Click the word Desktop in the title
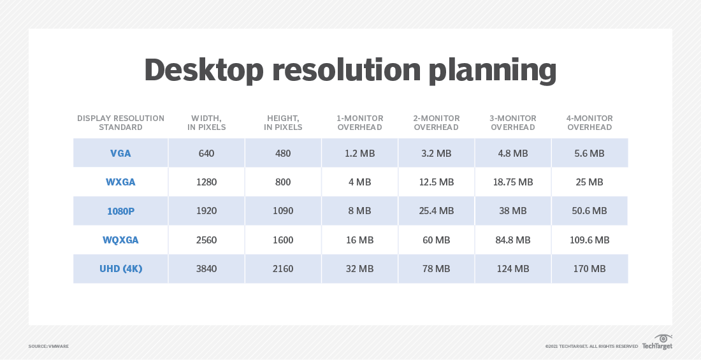point(203,69)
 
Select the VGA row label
point(120,153)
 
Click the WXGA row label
point(120,182)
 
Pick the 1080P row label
point(120,211)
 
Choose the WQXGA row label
point(120,240)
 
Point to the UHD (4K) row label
point(120,269)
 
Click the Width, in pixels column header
point(206,122)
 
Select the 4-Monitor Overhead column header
point(589,122)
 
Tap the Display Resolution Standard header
point(120,122)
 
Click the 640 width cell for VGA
point(206,153)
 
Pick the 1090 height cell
point(283,211)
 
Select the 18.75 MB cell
point(512,182)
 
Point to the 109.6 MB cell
point(589,240)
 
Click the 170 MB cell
point(589,269)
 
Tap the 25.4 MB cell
point(436,211)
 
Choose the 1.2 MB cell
point(359,153)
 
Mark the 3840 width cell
point(206,269)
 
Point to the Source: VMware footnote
point(48,346)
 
